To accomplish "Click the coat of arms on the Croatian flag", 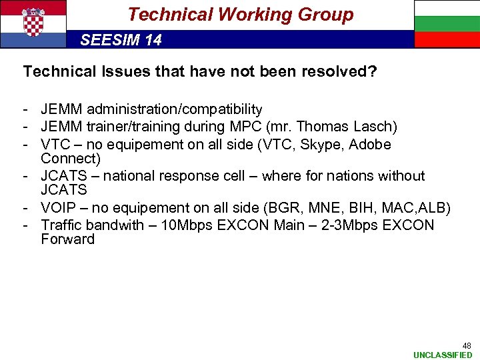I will tap(33, 22).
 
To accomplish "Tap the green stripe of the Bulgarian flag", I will tap(447, 24).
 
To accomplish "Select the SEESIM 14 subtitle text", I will tap(121, 40).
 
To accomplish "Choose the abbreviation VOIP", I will tap(59, 208).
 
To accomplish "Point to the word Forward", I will tap(67, 239).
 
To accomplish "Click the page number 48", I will tap(467, 346).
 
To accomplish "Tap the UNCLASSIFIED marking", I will tap(443, 355).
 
